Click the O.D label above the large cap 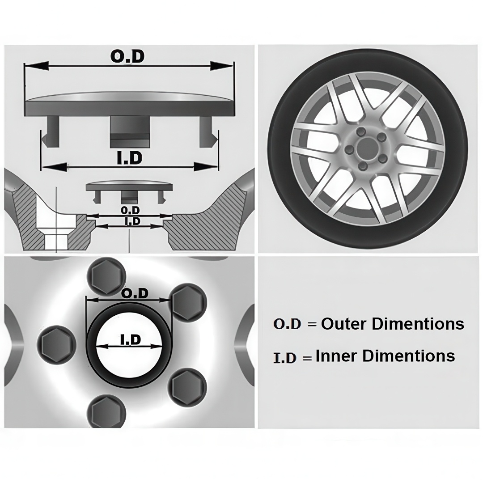pos(127,56)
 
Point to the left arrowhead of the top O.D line pos(36,65)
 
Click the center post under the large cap pos(130,131)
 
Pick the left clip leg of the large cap pos(51,131)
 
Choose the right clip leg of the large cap pos(208,131)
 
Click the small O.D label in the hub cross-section pos(130,210)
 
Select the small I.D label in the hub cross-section pos(133,221)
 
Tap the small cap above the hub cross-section pos(129,191)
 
